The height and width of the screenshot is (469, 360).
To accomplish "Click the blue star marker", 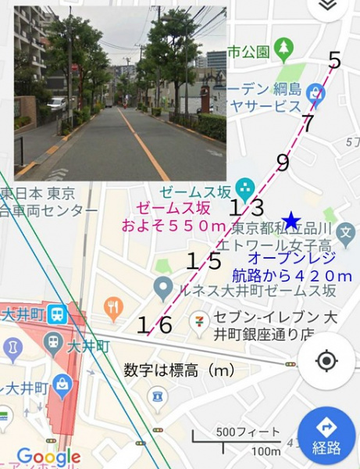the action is pyautogui.click(x=291, y=221).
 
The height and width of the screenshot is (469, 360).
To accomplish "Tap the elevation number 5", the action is pyautogui.click(x=335, y=60).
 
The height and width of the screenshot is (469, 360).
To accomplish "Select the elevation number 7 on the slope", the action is pyautogui.click(x=308, y=123).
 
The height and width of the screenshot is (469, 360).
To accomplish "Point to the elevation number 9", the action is pyautogui.click(x=283, y=163).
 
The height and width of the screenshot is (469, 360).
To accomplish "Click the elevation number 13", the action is pyautogui.click(x=246, y=208).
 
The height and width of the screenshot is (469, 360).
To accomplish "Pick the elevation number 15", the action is pyautogui.click(x=204, y=262).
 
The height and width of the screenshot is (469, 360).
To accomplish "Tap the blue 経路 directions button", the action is pyautogui.click(x=327, y=437).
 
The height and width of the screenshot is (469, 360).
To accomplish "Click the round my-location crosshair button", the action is pyautogui.click(x=326, y=361).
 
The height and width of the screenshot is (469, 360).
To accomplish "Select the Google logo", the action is pyautogui.click(x=48, y=456).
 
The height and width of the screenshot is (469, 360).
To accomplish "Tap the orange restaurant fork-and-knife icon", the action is pyautogui.click(x=114, y=306).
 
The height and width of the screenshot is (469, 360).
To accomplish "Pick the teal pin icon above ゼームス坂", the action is pyautogui.click(x=246, y=188).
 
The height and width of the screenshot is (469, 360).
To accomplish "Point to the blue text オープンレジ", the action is pyautogui.click(x=290, y=257).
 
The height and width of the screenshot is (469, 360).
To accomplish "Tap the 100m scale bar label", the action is pyautogui.click(x=266, y=451).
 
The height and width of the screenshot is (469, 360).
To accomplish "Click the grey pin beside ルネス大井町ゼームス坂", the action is pyautogui.click(x=163, y=288).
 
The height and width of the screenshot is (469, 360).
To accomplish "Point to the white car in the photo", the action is pyautogui.click(x=57, y=103).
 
